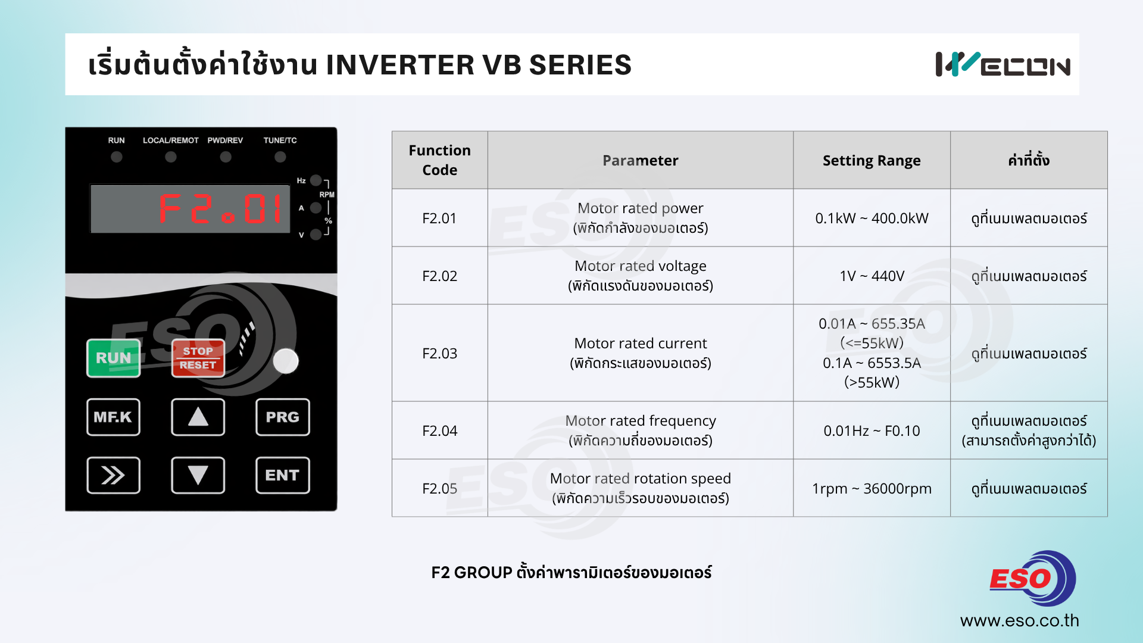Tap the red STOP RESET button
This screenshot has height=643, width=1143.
tap(198, 358)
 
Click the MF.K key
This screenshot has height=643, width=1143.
tap(113, 417)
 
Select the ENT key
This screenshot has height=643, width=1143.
tap(283, 475)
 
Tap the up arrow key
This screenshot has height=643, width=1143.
tap(198, 417)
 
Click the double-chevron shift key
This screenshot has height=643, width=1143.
tap(113, 475)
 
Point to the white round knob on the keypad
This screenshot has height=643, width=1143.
tap(286, 361)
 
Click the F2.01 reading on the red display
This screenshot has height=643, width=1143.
tap(220, 208)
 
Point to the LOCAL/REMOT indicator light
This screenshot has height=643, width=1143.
tap(171, 157)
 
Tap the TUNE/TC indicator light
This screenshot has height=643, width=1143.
tap(280, 157)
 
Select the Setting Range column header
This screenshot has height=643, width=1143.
tap(872, 160)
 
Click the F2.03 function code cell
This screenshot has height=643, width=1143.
tap(440, 353)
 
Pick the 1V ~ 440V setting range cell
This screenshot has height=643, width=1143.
tap(872, 276)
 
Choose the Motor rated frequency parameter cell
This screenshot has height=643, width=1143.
tap(641, 430)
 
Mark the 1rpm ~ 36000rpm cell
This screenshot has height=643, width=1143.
tap(872, 488)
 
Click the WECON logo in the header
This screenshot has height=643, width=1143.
tap(1003, 64)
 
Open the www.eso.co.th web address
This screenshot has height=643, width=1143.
tap(1019, 620)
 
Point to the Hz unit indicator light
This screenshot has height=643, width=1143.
tap(316, 180)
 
